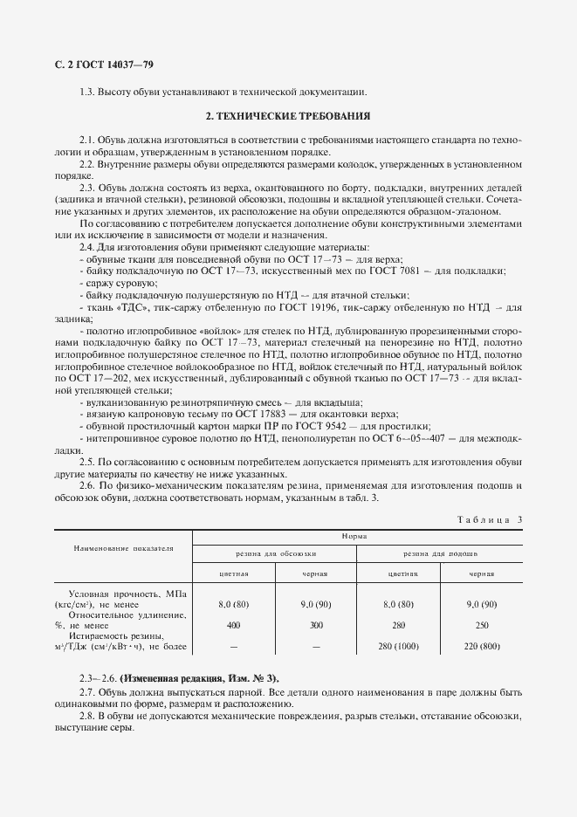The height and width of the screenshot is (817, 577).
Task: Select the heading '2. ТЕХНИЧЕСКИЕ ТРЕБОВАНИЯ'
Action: click(288, 116)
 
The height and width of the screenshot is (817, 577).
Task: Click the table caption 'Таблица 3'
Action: click(489, 519)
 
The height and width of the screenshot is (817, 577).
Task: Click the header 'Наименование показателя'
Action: click(122, 549)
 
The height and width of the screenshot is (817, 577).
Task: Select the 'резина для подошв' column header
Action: click(440, 554)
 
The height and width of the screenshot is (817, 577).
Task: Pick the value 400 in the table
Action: click(233, 625)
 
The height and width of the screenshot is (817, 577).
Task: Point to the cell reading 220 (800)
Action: click(482, 646)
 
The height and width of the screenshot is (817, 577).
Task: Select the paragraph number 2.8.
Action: click(86, 715)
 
